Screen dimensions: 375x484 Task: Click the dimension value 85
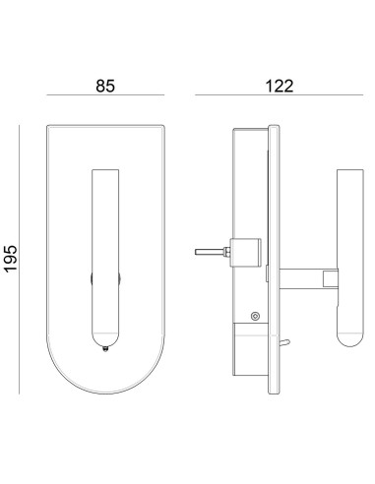coord(105,86)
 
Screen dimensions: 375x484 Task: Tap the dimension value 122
coord(279,86)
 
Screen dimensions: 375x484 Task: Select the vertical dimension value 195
coord(11,258)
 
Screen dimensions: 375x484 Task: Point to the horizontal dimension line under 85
coord(105,95)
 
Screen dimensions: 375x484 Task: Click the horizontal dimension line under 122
coord(280,95)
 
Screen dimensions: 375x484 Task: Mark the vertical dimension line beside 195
coord(19,260)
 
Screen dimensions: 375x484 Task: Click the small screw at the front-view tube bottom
coord(105,349)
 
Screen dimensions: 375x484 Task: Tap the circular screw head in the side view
coord(255,316)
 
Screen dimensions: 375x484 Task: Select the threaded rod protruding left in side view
coord(210,252)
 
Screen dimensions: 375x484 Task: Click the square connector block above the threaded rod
coord(246,253)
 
